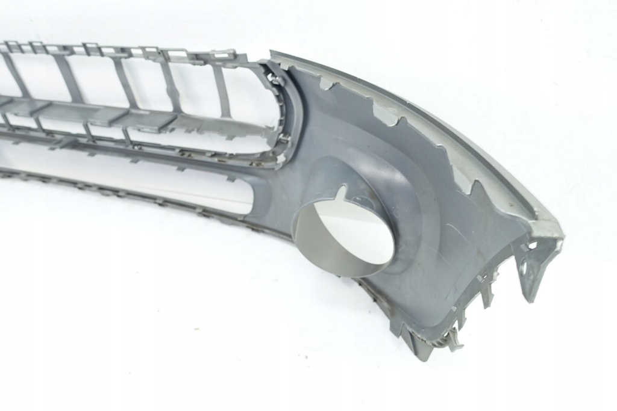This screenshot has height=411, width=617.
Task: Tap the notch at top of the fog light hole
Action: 342,194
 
